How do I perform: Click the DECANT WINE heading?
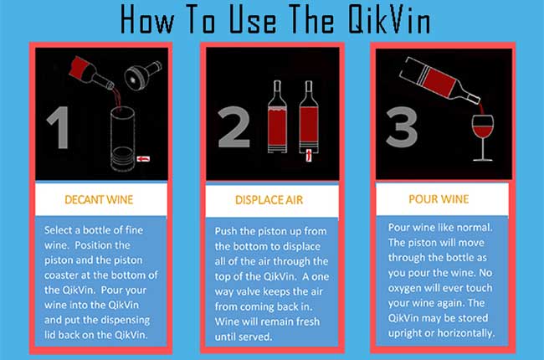click(100, 200)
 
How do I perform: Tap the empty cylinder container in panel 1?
click(122, 138)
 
